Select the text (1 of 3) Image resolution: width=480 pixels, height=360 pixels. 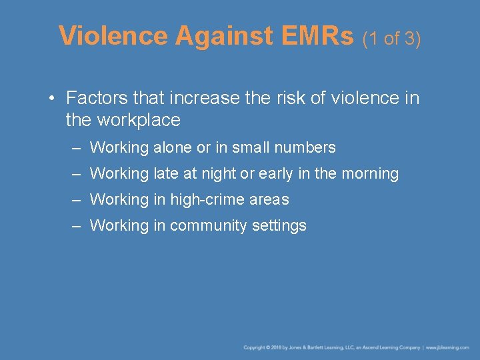point(391,39)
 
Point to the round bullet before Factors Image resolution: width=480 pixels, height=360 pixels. point(51,99)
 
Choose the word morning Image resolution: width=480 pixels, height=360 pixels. point(369,174)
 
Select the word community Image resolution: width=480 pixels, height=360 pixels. point(209,225)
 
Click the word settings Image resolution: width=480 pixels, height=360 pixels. point(279,225)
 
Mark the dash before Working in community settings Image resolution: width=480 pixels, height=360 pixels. point(77,225)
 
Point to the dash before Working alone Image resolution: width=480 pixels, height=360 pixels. point(77,147)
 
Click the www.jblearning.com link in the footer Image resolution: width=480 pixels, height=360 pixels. point(448,347)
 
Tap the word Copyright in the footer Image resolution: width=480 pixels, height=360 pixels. point(255,347)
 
